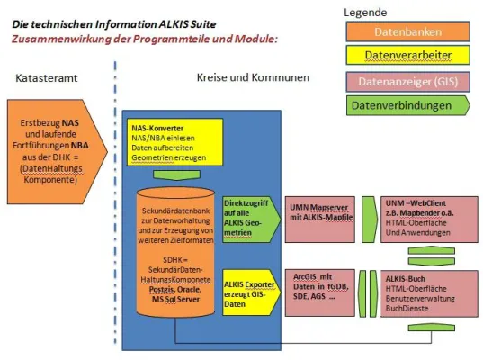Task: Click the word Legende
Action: pos(366,12)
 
